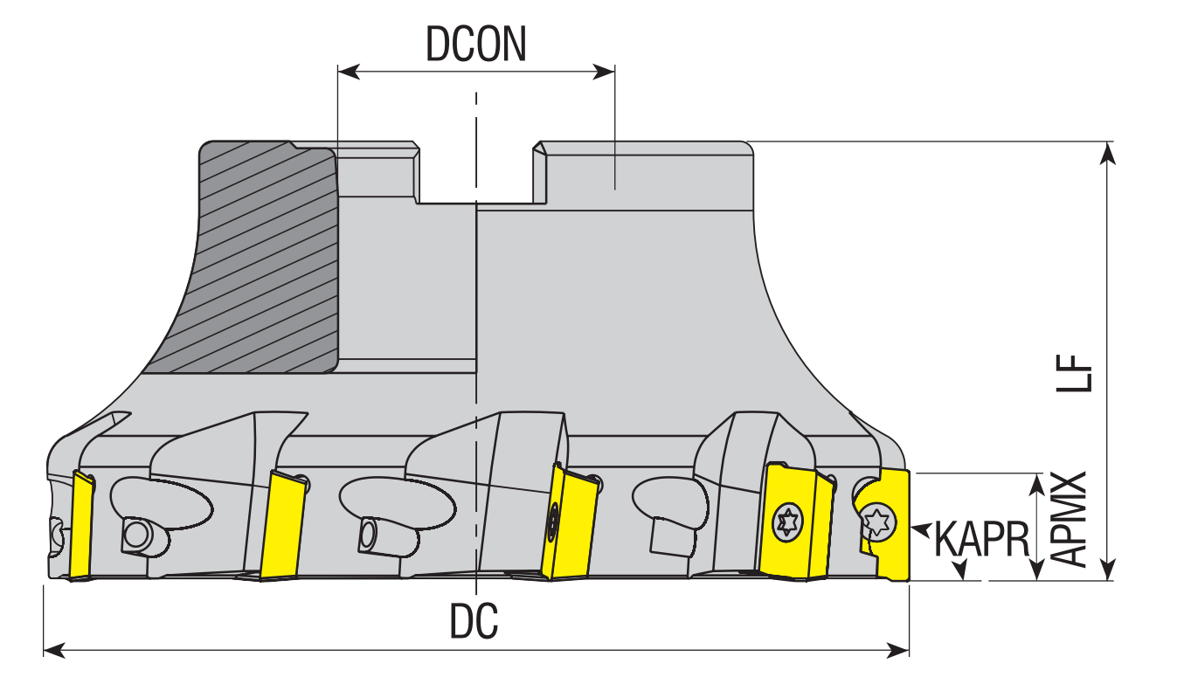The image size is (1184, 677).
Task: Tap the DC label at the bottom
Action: (x=474, y=621)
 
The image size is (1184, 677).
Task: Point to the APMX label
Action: (x=1068, y=519)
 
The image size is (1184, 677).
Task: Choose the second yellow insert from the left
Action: (x=283, y=526)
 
